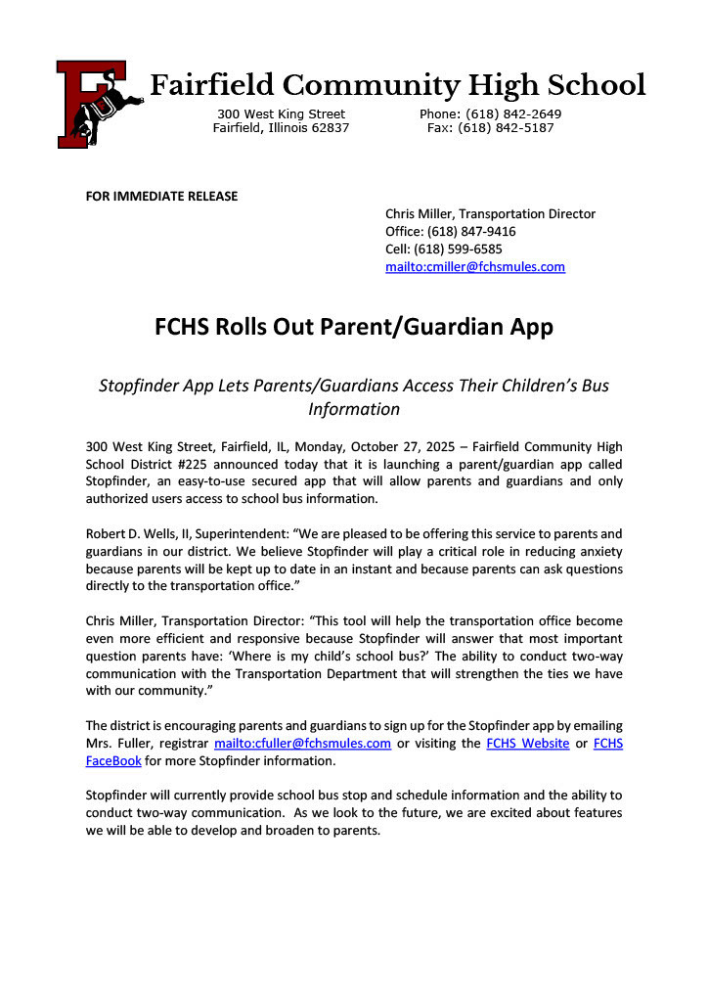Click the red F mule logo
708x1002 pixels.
click(96, 103)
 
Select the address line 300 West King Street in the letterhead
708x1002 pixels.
click(281, 114)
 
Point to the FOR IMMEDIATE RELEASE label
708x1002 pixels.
click(161, 196)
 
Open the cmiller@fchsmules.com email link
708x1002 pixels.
click(475, 266)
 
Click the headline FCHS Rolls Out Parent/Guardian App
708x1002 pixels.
click(354, 326)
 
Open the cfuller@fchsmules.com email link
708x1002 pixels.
click(303, 743)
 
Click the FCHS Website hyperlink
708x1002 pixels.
click(527, 743)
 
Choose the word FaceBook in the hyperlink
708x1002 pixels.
click(113, 760)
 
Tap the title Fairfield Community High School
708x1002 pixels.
click(397, 85)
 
